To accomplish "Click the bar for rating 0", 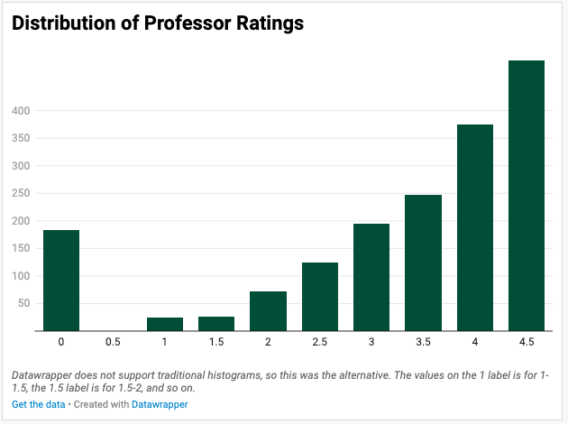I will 61,281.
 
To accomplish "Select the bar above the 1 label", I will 165,324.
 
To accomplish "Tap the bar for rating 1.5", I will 216,323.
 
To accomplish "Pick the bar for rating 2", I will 268,310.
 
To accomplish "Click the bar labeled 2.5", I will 320,296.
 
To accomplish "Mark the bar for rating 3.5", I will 423,263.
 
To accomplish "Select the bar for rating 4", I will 475,227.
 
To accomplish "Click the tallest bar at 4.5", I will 527,195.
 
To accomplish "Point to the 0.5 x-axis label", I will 113,342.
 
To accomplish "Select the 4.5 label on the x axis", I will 527,342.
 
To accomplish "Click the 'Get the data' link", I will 39,404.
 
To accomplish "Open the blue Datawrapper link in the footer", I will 160,404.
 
